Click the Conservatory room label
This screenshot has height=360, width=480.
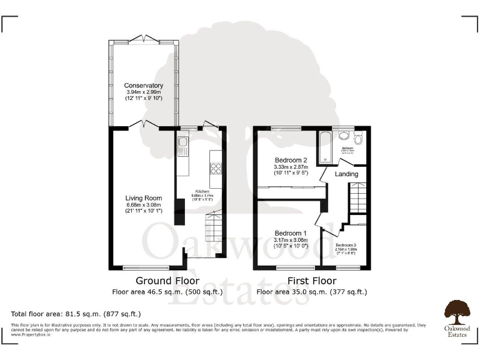click(143, 86)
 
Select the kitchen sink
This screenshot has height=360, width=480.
click(183, 147)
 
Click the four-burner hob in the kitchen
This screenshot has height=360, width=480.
click(216, 167)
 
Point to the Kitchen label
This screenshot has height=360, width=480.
click(202, 191)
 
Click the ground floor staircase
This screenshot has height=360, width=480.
click(214, 228)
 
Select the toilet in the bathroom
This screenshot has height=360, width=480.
click(357, 139)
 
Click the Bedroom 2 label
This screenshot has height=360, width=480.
click(291, 160)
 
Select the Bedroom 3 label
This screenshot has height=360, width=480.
click(346, 245)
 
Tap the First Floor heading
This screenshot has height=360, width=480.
click(311, 281)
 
